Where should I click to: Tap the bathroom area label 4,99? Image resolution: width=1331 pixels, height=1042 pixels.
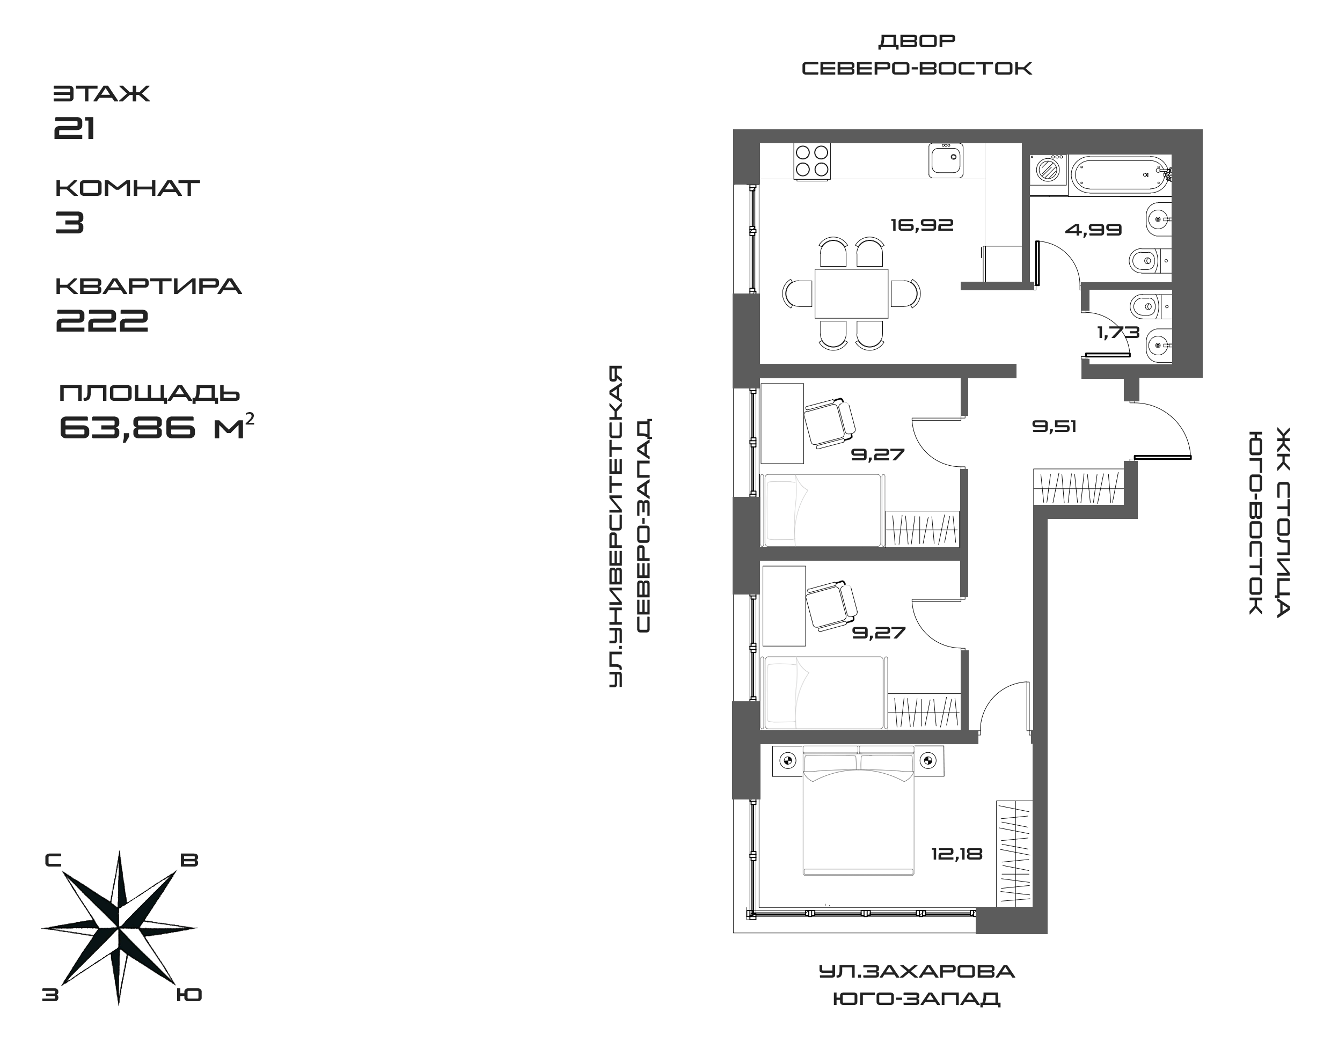(x=1093, y=230)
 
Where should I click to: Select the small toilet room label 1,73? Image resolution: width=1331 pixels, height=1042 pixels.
(x=1118, y=333)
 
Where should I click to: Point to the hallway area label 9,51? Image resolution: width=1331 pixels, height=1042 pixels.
(x=1054, y=427)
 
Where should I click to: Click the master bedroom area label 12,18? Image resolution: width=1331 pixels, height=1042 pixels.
(x=956, y=854)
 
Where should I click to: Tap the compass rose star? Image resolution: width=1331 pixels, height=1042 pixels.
(x=119, y=927)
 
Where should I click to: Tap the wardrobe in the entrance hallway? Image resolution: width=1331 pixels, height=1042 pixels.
(x=1078, y=487)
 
